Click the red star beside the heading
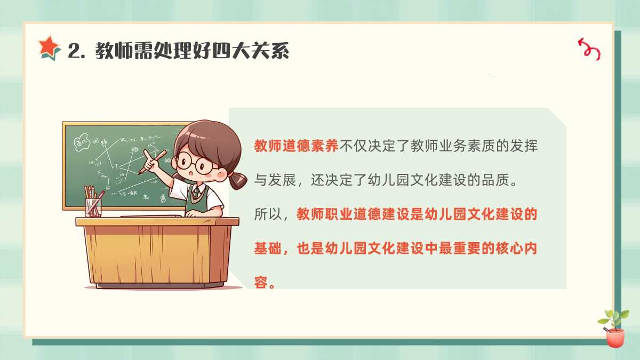click(x=49, y=46)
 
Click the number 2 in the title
click(x=74, y=51)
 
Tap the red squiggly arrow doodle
click(x=589, y=50)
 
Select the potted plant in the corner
click(x=614, y=328)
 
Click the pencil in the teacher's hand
click(x=153, y=162)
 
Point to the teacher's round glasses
click(x=194, y=163)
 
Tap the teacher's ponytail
click(x=238, y=180)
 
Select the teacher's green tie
click(x=195, y=193)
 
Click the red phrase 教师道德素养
click(x=297, y=146)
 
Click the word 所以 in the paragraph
click(x=268, y=214)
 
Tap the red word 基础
click(x=268, y=249)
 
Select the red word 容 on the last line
click(x=261, y=283)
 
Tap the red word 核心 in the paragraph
click(x=509, y=249)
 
